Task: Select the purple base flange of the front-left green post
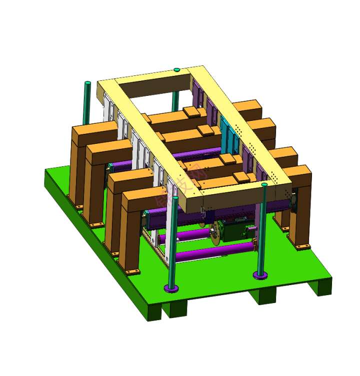coord(171,288)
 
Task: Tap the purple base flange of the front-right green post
coord(260,275)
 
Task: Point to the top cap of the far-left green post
coord(88,83)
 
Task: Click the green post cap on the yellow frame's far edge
coord(176,70)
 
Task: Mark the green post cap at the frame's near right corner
coord(264,185)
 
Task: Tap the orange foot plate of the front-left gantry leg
coord(132,272)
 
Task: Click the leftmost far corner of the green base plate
coord(46,170)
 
